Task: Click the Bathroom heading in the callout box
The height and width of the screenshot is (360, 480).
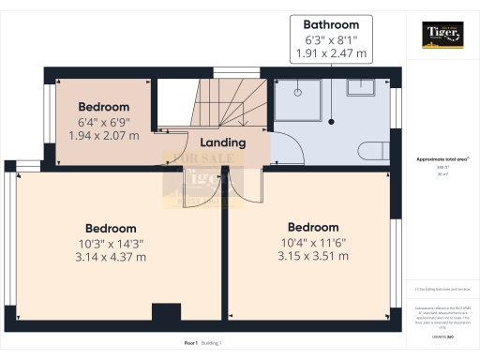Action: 331,25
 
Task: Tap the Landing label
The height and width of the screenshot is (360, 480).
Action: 223,142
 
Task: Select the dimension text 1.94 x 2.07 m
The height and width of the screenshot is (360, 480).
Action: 103,136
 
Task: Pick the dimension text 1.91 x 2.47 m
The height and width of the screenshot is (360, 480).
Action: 331,53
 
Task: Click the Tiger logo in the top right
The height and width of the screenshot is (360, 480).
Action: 442,35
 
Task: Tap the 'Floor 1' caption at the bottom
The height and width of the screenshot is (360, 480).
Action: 191,344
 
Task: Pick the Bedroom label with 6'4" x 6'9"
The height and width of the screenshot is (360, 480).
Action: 103,107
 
